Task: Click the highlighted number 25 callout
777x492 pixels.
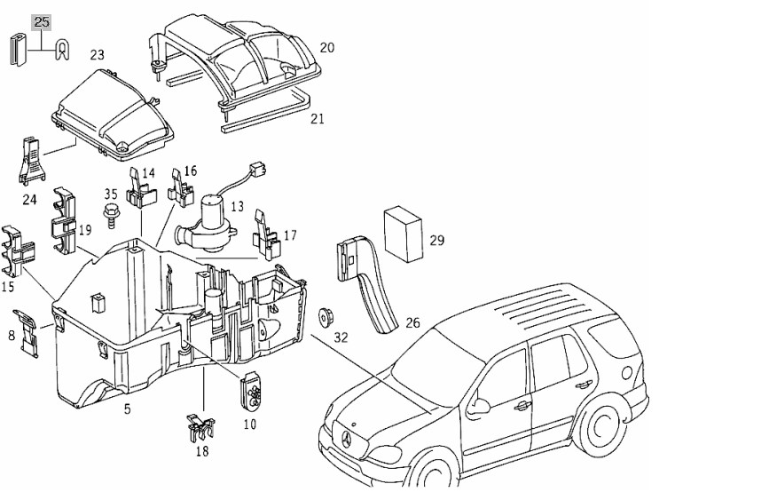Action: [x=42, y=23]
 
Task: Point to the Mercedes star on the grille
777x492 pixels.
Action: [x=348, y=439]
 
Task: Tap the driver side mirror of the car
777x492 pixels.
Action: [x=479, y=404]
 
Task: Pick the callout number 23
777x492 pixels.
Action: [x=98, y=55]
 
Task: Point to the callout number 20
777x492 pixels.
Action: [x=327, y=48]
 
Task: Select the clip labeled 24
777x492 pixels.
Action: [x=32, y=160]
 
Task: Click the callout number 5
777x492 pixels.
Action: [x=128, y=409]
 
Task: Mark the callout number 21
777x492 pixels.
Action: [x=318, y=119]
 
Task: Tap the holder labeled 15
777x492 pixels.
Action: [x=19, y=251]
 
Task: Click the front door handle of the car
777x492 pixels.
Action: [x=522, y=406]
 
